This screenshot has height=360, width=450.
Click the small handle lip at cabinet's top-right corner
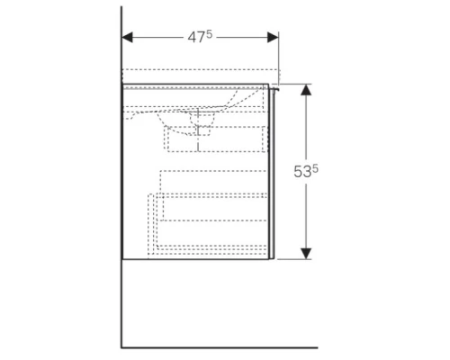point(276,86)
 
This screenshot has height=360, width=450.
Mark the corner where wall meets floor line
point(121,346)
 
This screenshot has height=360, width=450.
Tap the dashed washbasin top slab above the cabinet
point(198,75)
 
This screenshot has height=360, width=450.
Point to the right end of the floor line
point(318,346)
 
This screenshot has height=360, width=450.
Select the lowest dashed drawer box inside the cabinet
point(211,220)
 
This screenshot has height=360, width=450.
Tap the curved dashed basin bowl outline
point(180,108)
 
